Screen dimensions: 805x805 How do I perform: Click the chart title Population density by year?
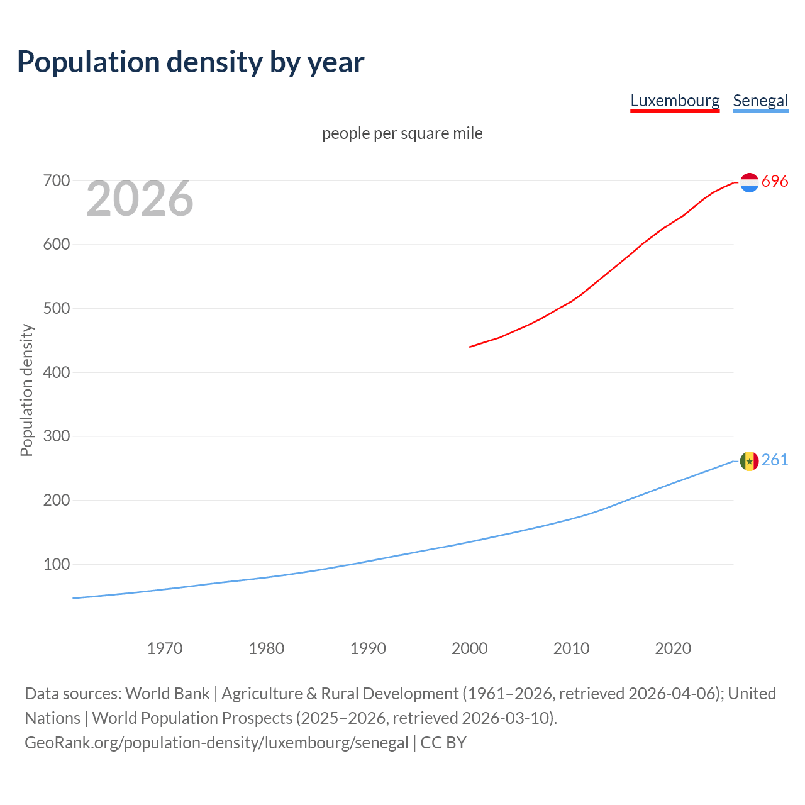[191, 62]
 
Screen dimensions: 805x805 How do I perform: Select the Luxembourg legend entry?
[675, 101]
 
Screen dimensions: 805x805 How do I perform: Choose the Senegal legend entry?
[760, 101]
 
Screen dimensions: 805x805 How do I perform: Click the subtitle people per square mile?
[402, 133]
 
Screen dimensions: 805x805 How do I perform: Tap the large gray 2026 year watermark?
[140, 199]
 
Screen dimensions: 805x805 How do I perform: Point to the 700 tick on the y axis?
[56, 181]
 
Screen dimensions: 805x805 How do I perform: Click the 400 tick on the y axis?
[56, 372]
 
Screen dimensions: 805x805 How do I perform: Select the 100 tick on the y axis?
[56, 564]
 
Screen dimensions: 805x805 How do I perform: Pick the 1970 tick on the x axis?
[165, 648]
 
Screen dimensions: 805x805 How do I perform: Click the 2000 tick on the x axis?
[470, 648]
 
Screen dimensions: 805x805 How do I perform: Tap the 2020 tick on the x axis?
[673, 648]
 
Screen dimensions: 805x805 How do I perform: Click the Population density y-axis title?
[26, 390]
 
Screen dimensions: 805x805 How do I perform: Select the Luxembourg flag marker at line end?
[749, 182]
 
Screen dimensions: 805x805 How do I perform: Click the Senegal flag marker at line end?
[749, 461]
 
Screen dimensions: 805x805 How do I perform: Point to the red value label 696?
[775, 182]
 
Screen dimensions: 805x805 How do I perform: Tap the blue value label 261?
[775, 460]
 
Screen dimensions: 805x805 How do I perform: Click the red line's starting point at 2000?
[470, 347]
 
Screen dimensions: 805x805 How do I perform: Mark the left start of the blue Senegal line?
[74, 598]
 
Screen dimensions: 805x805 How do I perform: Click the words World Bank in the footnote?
[167, 694]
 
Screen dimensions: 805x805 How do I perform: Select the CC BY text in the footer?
[443, 743]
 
